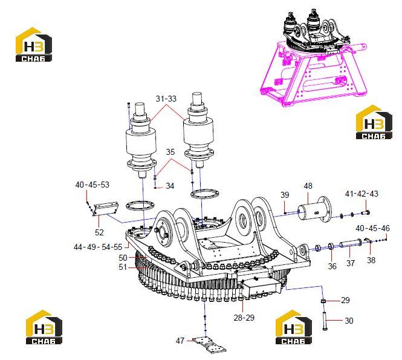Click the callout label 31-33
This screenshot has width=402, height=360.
(x=166, y=99)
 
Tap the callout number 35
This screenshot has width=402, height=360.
(x=170, y=152)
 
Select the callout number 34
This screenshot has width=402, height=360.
(x=170, y=186)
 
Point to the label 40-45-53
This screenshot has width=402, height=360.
(x=92, y=185)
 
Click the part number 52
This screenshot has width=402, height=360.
(x=99, y=232)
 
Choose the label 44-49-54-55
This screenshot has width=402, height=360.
(x=98, y=247)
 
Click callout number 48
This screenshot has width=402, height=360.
(x=308, y=186)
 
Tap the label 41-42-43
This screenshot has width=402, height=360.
(x=361, y=194)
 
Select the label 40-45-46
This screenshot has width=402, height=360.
(x=372, y=228)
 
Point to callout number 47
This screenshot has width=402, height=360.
(x=180, y=341)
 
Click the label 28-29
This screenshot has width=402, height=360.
(x=244, y=318)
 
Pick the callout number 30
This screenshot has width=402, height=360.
(x=349, y=321)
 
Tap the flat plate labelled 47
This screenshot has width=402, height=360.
(x=209, y=345)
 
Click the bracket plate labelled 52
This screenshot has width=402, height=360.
(x=106, y=209)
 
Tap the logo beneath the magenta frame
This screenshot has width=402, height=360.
(x=374, y=122)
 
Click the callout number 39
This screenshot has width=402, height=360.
(x=285, y=195)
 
